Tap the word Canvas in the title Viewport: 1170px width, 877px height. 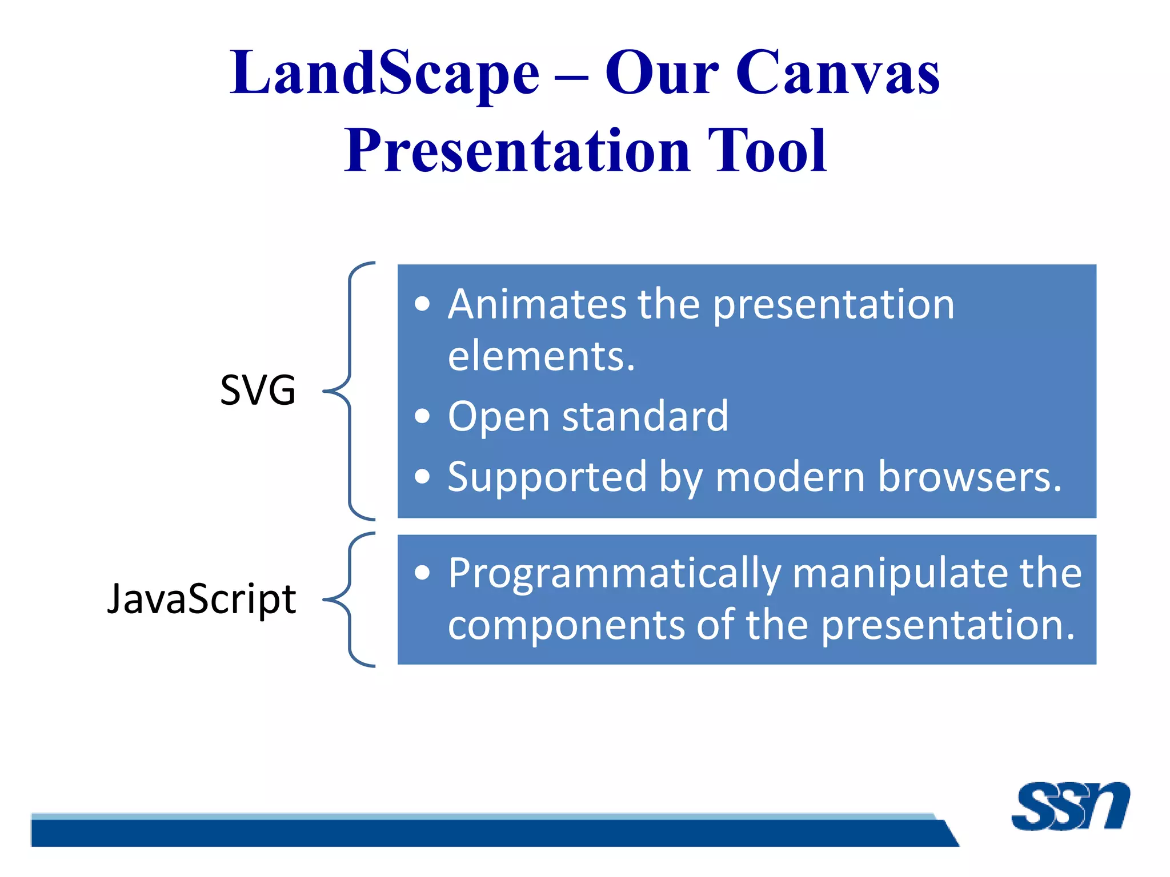[837, 73]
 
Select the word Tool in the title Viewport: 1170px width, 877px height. [767, 151]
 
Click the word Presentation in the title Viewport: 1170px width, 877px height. [517, 151]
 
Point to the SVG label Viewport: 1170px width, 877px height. [258, 391]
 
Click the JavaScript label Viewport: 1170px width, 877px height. [201, 599]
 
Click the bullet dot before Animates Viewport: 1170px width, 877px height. [422, 304]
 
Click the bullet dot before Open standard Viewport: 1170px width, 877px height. [422, 416]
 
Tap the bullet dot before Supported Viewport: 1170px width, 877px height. [422, 476]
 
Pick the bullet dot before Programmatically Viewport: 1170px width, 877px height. [422, 573]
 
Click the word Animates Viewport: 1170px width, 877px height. [537, 304]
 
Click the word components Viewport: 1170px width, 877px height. [566, 625]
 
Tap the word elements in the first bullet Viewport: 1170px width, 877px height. [540, 356]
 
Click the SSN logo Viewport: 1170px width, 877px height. [1069, 806]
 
